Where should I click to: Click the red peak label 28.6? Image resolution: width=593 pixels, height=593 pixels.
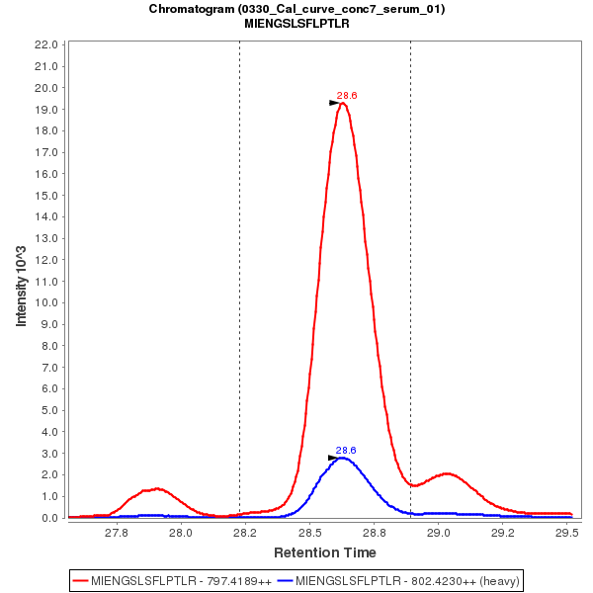[x=346, y=95]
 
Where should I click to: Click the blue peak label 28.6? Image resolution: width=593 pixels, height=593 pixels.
[x=346, y=450]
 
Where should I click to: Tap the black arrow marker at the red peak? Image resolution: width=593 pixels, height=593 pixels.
[x=335, y=103]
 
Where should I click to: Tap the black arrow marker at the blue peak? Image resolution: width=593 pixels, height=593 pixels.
[x=334, y=458]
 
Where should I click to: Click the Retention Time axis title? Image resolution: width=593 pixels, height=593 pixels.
[x=324, y=551]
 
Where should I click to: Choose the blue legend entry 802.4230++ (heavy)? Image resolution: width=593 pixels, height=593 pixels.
[x=400, y=580]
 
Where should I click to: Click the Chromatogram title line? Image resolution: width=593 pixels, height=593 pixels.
[x=296, y=9]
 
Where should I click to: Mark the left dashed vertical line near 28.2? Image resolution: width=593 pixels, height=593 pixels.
[x=239, y=277]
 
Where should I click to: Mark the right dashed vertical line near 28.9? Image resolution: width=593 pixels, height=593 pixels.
[x=410, y=277]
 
